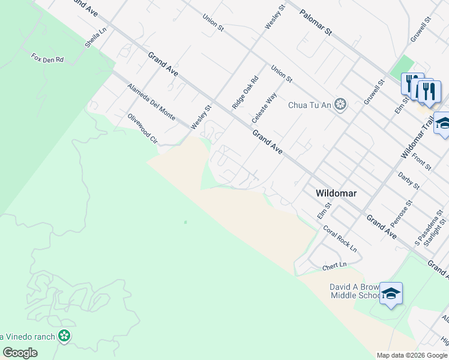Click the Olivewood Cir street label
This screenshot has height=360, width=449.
(142, 128)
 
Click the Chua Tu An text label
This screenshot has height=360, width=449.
(310, 106)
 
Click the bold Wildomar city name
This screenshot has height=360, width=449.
(337, 193)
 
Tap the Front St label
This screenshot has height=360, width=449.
(421, 161)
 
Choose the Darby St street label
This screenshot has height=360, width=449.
(409, 181)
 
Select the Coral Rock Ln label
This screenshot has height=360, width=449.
(340, 238)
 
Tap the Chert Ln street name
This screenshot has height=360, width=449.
(335, 265)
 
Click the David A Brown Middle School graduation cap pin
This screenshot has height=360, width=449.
(391, 293)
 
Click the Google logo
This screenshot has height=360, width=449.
(20, 353)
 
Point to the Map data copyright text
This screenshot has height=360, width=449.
(411, 355)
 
